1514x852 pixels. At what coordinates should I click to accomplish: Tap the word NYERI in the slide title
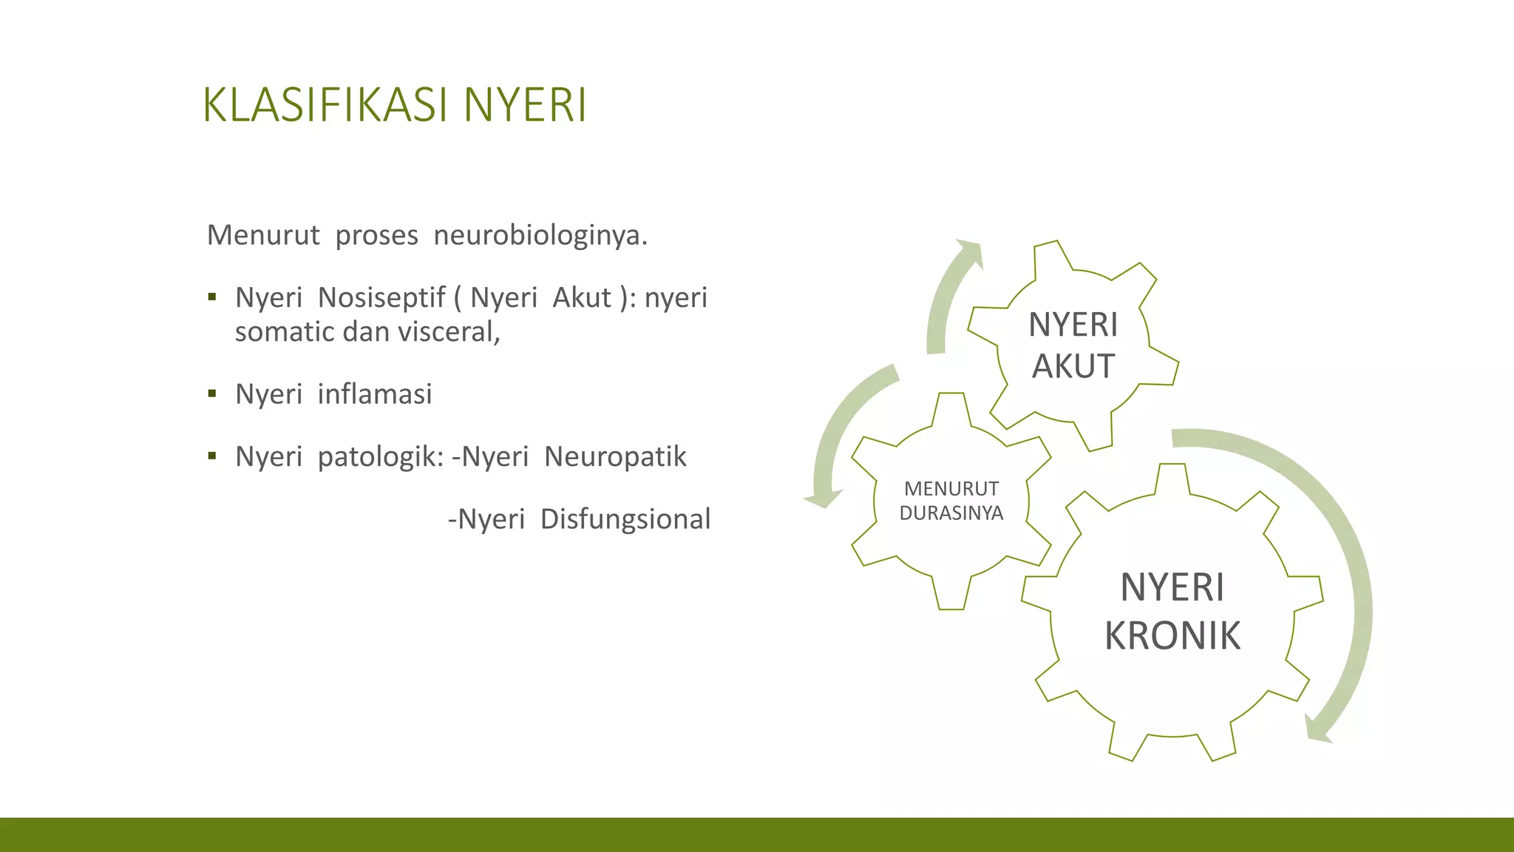pos(525,106)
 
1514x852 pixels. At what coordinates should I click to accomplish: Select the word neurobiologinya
pos(540,235)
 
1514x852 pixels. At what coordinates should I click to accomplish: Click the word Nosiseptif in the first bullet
pos(381,297)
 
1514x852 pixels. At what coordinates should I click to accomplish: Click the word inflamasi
pos(374,394)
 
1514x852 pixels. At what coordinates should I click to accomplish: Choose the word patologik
pos(380,457)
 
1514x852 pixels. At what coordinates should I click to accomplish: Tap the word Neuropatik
pos(615,457)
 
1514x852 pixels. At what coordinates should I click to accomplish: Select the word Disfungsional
pos(625,519)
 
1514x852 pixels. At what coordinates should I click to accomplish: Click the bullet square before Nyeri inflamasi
pos(212,393)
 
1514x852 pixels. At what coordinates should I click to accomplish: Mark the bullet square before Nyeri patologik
pos(212,456)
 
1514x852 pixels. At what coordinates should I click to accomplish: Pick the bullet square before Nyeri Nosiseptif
pos(212,297)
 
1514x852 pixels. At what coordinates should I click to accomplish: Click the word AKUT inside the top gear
pos(1073,367)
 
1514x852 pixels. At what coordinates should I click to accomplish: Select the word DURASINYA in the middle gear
pos(951,513)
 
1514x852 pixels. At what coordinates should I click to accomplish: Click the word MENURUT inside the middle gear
pos(951,489)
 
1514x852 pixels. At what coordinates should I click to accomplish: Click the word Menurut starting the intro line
pos(263,235)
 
